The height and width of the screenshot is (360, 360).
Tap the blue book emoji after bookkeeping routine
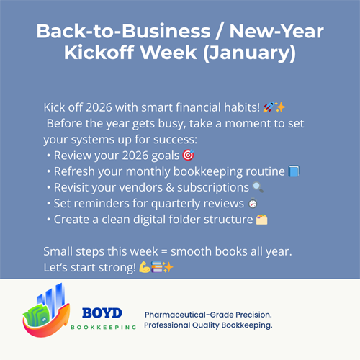[x=293, y=171]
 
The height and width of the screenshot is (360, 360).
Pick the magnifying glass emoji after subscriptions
[x=258, y=186]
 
